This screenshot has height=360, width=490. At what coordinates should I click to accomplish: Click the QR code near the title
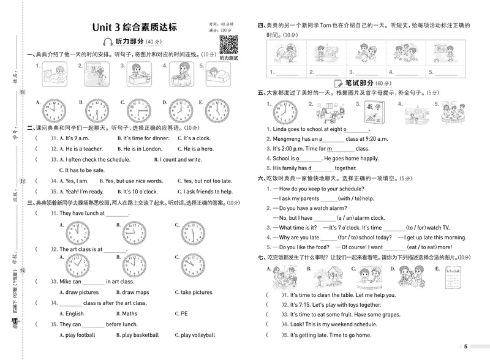coord(228,45)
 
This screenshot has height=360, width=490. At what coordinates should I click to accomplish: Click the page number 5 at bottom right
coord(466,347)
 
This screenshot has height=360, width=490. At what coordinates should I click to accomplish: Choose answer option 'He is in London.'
coord(143,148)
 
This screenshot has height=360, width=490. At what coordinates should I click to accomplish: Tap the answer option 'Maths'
coord(129,313)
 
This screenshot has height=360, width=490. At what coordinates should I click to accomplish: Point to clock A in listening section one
coord(54,111)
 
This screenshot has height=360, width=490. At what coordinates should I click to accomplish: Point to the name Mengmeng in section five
coord(285,139)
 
